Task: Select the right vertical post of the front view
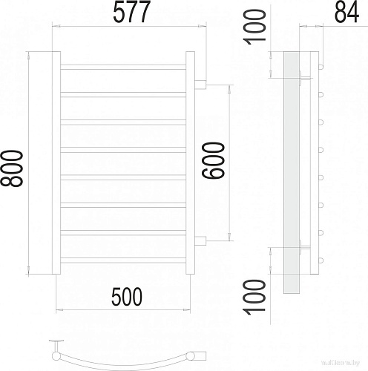[189, 162]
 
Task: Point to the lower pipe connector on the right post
[200, 239]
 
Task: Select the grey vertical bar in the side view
[291, 171]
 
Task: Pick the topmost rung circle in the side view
[321, 67]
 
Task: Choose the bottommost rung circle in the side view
[321, 260]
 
